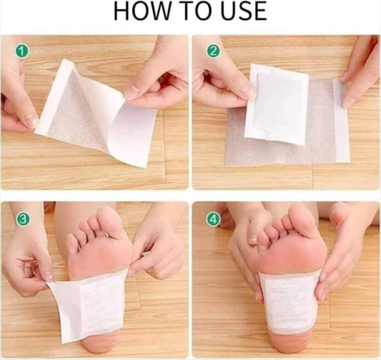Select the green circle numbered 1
pyautogui.click(x=22, y=51)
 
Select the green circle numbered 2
pyautogui.click(x=212, y=51)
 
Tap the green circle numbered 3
pyautogui.click(x=22, y=219)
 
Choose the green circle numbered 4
pyautogui.click(x=212, y=219)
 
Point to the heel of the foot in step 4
pyautogui.click(x=290, y=346)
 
